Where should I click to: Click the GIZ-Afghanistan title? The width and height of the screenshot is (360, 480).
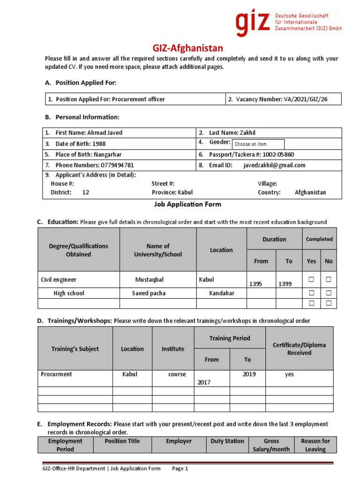(187, 48)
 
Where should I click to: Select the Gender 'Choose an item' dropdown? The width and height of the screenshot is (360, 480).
(258, 144)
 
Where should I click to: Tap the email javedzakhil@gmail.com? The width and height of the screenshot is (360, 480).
(274, 165)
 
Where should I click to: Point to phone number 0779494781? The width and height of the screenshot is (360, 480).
(117, 165)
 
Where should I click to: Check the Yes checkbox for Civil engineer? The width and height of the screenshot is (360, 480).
(311, 279)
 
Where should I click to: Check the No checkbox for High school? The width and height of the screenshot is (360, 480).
(329, 293)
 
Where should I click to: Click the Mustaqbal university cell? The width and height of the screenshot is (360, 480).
(149, 279)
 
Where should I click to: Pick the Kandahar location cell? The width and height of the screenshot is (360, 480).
(221, 293)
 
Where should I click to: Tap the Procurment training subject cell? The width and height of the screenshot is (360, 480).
(57, 374)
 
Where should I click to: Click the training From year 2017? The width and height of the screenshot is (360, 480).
(204, 382)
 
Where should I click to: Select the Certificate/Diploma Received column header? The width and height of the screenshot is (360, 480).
(299, 349)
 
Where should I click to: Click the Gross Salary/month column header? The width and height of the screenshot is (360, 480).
(271, 445)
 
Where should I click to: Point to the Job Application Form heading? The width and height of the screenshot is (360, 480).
(187, 204)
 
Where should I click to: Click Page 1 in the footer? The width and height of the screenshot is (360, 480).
(180, 468)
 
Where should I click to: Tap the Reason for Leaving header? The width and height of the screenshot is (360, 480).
(315, 445)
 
